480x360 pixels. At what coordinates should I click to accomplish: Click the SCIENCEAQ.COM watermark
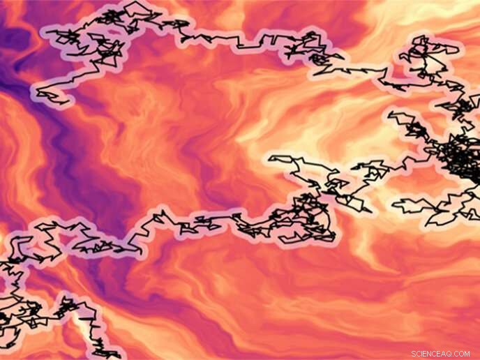click(x=440, y=354)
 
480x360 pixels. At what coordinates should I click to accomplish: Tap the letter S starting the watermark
click(x=414, y=354)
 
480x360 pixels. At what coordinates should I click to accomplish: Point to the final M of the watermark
click(x=467, y=354)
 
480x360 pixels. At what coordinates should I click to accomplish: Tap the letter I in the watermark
click(x=423, y=354)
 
